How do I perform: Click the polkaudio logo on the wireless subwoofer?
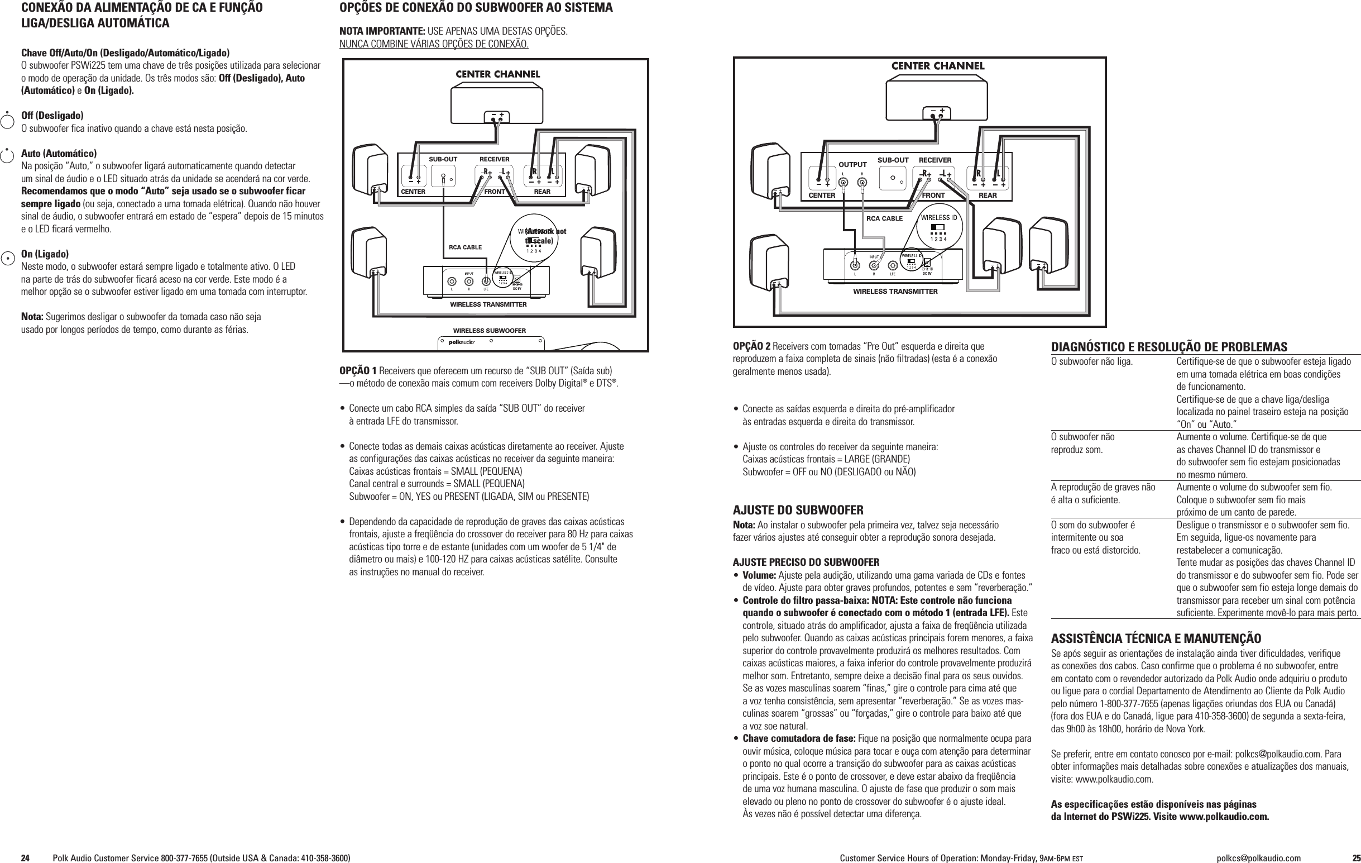coord(461,342)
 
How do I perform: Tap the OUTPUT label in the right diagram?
coord(852,165)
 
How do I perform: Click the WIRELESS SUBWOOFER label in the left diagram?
coord(489,331)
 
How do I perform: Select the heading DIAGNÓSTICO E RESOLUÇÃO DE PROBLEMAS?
coord(1169,347)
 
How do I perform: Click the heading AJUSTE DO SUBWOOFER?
coord(798,510)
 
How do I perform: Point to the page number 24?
coord(26,858)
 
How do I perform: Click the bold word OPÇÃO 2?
coord(751,346)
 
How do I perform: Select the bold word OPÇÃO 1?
coord(358,371)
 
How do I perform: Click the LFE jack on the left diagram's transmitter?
coord(486,281)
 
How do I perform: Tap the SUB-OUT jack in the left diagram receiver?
coord(443,177)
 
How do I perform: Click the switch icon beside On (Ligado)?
coord(7,258)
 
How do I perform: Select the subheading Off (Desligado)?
coord(52,116)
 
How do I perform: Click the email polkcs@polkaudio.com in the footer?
coord(1258,858)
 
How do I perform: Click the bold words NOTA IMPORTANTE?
coord(382,31)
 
